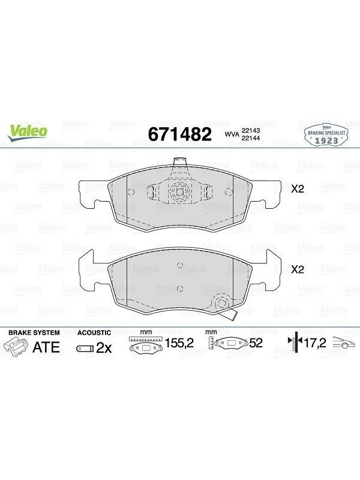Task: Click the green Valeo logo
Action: point(28,133)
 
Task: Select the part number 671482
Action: point(179,134)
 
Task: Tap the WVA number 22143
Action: point(251,130)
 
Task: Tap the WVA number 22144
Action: point(251,138)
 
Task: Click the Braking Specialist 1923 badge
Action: point(326,136)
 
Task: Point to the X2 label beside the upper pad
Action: point(297,189)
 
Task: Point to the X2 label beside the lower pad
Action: point(297,269)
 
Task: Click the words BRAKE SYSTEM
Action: point(34,332)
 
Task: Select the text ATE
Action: point(46,347)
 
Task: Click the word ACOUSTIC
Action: point(94,332)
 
